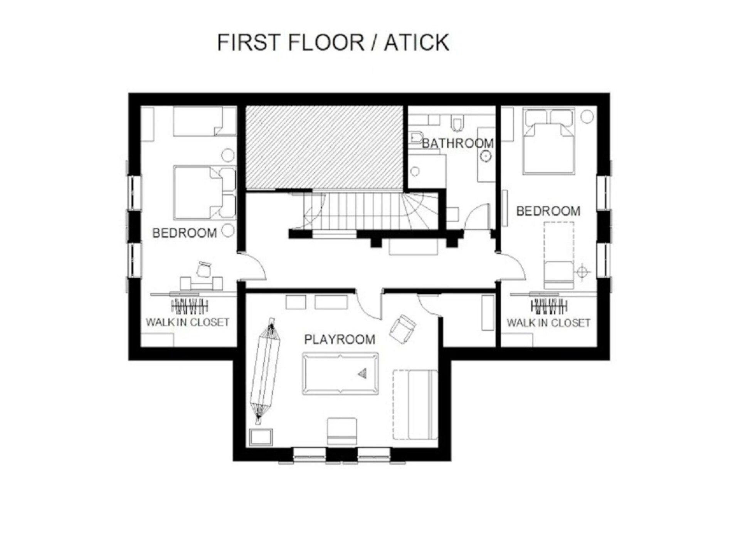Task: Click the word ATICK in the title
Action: [416, 42]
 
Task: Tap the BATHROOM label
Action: [458, 143]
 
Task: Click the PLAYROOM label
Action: [340, 339]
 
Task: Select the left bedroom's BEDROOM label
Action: [185, 233]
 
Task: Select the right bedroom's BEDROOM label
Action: [548, 211]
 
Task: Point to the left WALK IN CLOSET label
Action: [187, 322]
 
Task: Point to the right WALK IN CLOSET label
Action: [548, 323]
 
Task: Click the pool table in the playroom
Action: [340, 373]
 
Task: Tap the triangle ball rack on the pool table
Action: [362, 373]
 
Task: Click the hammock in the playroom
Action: [265, 371]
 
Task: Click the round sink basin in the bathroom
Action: [486, 156]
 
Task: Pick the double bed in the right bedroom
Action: [549, 141]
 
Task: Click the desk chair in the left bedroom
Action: [204, 269]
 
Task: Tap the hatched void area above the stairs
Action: [325, 148]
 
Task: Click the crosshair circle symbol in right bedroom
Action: [582, 272]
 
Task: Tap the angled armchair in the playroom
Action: [403, 329]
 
